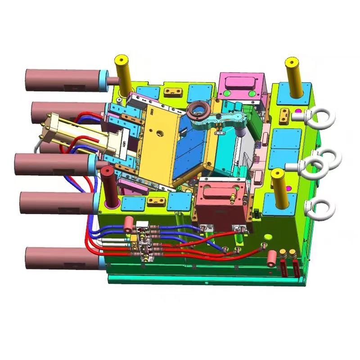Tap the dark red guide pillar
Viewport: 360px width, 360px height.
point(108,185)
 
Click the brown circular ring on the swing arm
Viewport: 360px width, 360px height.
point(199,110)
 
